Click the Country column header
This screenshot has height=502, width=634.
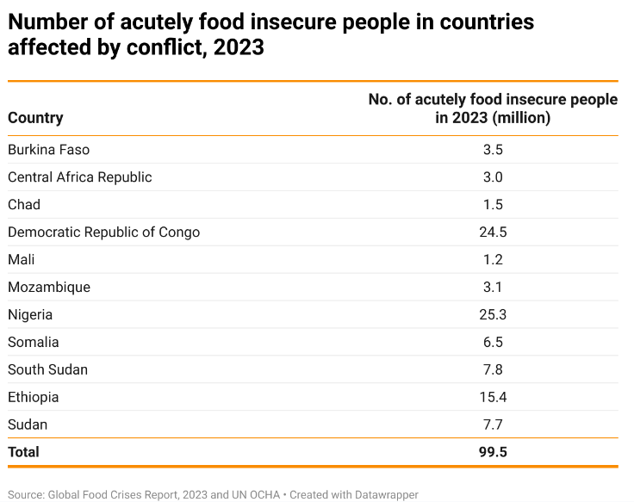35,118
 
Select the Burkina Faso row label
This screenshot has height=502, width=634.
48,150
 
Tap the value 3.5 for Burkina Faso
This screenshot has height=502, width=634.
493,150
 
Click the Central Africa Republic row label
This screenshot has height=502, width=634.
79,177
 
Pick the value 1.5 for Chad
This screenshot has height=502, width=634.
493,205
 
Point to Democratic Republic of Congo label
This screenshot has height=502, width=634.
103,232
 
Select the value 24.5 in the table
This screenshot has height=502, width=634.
493,232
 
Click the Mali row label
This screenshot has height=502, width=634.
22,260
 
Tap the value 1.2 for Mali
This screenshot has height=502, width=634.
493,260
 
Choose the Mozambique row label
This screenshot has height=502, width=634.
49,288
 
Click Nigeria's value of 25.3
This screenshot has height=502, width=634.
493,315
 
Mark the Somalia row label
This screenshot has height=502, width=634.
34,343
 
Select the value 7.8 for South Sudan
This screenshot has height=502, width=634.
493,370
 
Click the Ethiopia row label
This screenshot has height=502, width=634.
34,398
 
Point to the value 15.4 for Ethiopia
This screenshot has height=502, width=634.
493,398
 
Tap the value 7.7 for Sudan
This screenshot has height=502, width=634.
493,425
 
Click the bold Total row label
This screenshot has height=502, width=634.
23,452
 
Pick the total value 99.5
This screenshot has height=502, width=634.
493,452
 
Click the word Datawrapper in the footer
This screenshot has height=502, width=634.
383,495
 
